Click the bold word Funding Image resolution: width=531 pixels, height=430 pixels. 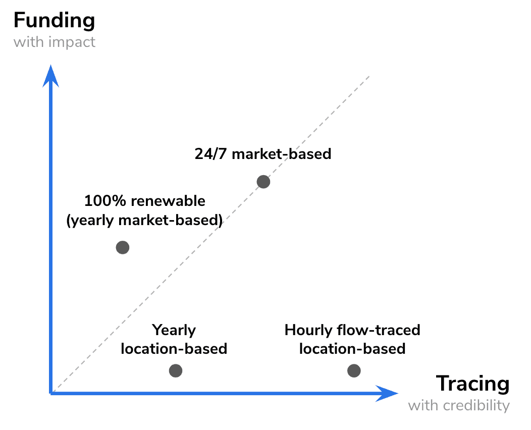(x=54, y=21)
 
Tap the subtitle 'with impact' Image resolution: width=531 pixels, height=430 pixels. (x=54, y=42)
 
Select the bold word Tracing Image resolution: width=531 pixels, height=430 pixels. (x=472, y=384)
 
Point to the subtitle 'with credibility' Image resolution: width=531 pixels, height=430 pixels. (x=459, y=405)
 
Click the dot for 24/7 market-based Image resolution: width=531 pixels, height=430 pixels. (x=263, y=182)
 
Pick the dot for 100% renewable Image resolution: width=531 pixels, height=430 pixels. (x=123, y=247)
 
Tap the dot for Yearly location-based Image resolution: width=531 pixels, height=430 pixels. (x=175, y=371)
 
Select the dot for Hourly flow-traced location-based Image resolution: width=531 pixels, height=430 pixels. (x=354, y=371)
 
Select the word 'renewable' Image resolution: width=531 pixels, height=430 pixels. (x=168, y=201)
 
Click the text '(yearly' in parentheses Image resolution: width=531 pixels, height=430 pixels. (x=90, y=221)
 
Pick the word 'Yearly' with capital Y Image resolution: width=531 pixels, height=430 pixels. (x=174, y=331)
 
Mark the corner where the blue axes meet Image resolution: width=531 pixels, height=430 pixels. (x=51, y=392)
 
